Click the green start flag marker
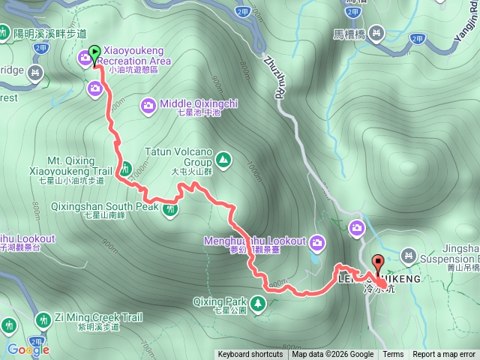click(94, 52)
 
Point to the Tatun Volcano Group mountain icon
click(223, 159)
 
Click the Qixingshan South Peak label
click(105, 205)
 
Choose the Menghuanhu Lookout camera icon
click(317, 241)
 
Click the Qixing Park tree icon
click(258, 303)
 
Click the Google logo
click(28, 349)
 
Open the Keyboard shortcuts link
click(250, 355)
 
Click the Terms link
click(393, 355)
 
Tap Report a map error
click(444, 355)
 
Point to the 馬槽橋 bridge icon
click(375, 33)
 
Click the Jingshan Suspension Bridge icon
click(408, 256)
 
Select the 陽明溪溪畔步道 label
click(51, 34)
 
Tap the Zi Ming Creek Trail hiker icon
click(42, 321)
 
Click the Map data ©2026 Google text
click(333, 355)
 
